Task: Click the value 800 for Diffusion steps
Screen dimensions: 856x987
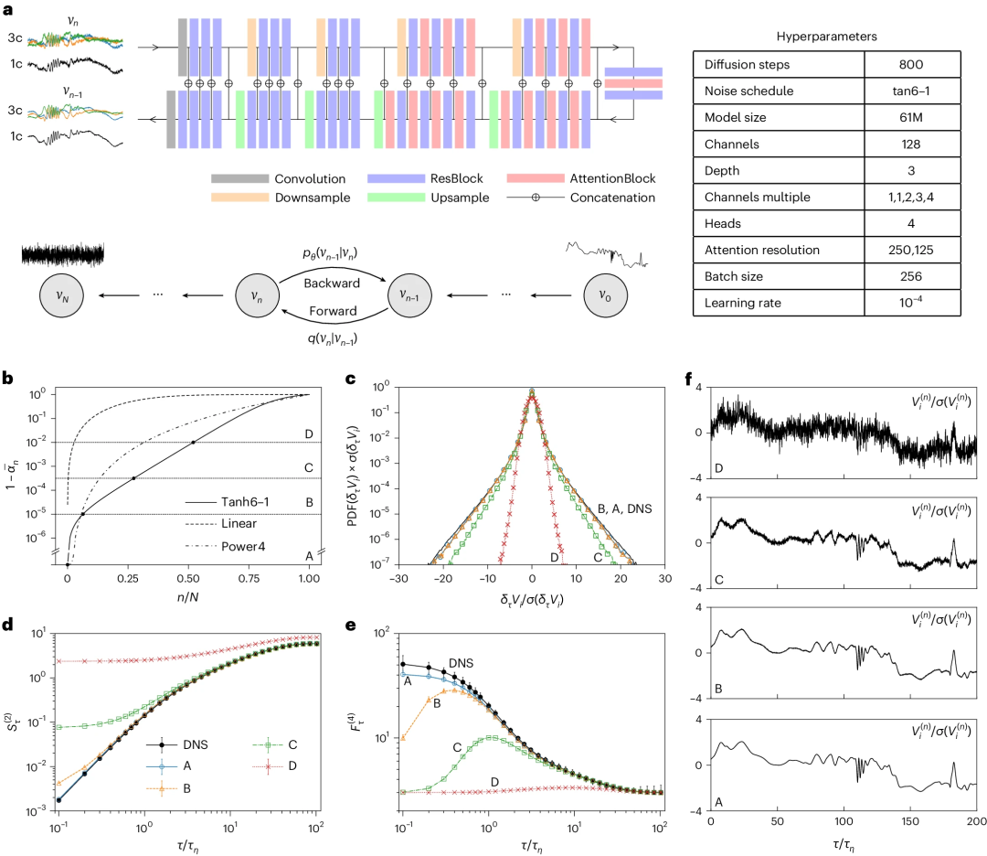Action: click(911, 65)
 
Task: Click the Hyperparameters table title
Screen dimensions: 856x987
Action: click(825, 36)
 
